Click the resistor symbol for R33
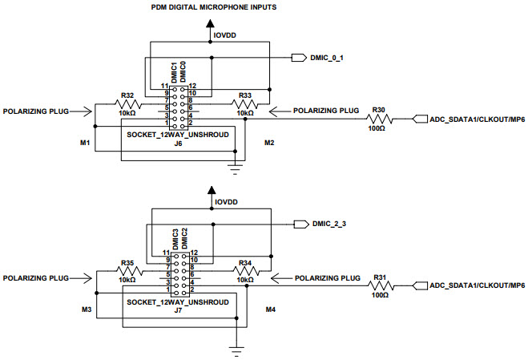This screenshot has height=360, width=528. (x=245, y=104)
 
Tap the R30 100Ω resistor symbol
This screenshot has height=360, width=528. (x=380, y=119)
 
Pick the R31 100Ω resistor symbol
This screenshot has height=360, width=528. (x=380, y=286)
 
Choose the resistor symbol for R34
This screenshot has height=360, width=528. (x=245, y=270)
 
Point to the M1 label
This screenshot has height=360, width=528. (x=85, y=143)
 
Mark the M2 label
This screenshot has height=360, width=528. (x=269, y=143)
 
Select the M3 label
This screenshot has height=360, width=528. (x=85, y=309)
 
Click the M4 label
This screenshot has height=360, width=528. (x=269, y=309)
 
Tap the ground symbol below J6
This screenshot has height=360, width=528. (x=236, y=167)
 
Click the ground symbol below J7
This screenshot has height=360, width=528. (x=236, y=349)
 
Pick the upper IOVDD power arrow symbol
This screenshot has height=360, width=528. (x=212, y=27)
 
